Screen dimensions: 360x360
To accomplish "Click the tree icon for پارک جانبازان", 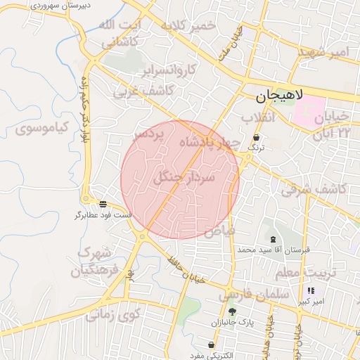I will pos(232,311).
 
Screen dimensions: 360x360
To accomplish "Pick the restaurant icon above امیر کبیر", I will pos(311,290).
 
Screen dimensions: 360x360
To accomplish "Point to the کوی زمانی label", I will pos(114,314).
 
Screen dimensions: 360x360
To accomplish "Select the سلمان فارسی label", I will pos(254,295).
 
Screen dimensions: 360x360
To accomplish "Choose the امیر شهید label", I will pos(323,53).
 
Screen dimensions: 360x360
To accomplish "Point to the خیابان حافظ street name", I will pos(186,269).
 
